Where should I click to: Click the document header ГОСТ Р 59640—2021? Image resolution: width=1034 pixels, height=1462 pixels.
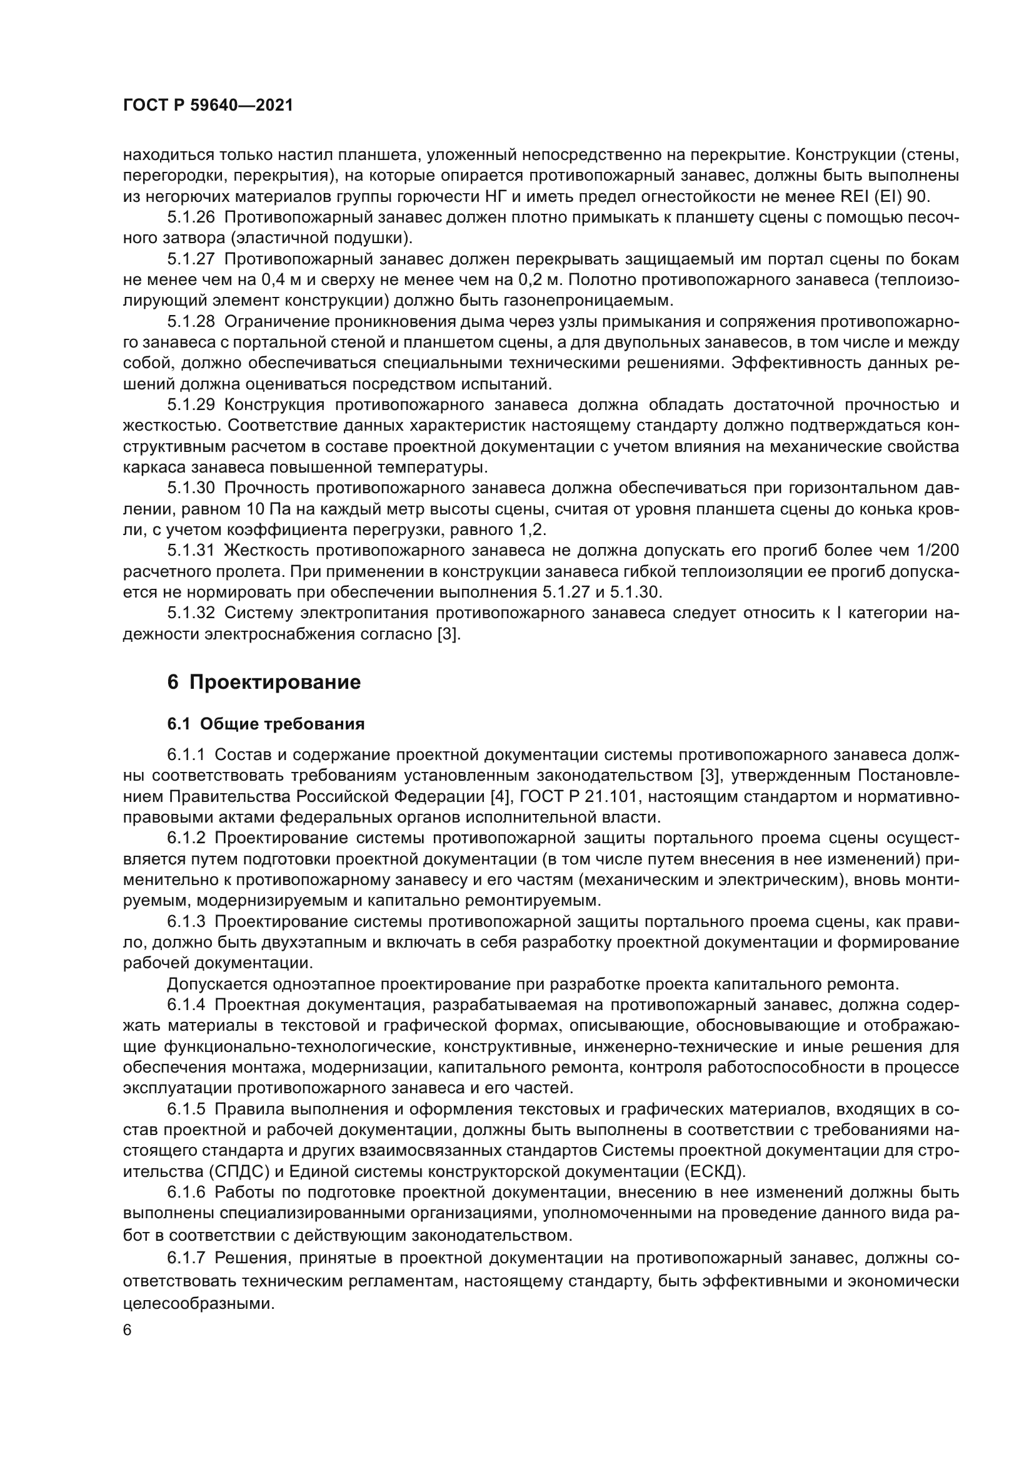click(x=208, y=106)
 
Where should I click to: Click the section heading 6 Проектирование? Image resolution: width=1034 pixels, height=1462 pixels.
click(x=264, y=683)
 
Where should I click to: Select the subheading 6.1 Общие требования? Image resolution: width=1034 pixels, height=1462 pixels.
click(x=266, y=724)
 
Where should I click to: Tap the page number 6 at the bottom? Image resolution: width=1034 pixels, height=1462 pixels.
click(x=128, y=1331)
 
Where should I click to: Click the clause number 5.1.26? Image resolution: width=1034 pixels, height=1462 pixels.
click(x=192, y=218)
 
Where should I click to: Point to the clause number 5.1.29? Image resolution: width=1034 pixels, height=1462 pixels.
click(x=192, y=405)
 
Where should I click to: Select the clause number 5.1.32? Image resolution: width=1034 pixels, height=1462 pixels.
click(x=192, y=613)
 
